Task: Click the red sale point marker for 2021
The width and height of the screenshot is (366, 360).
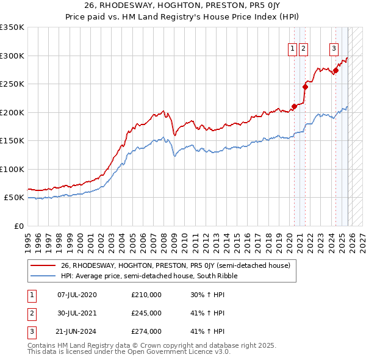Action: (305, 87)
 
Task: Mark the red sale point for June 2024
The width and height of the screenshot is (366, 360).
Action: (335, 71)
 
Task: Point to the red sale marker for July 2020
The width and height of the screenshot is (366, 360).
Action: (294, 107)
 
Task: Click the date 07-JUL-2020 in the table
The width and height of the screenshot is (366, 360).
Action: (76, 295)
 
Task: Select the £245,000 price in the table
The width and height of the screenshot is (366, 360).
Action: (146, 313)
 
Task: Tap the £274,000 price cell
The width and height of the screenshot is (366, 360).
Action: (146, 331)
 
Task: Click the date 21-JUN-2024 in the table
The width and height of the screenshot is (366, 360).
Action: (76, 331)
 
